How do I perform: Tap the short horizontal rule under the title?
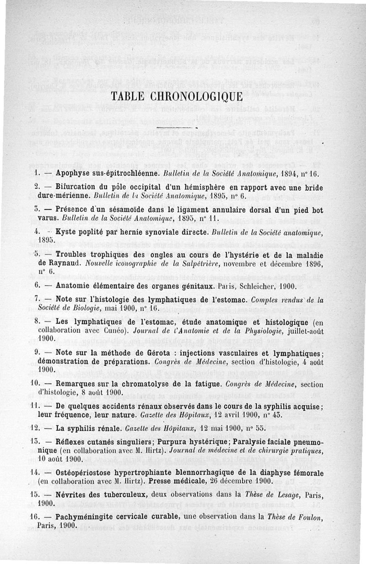coord(176,126)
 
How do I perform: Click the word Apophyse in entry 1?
coord(72,174)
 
